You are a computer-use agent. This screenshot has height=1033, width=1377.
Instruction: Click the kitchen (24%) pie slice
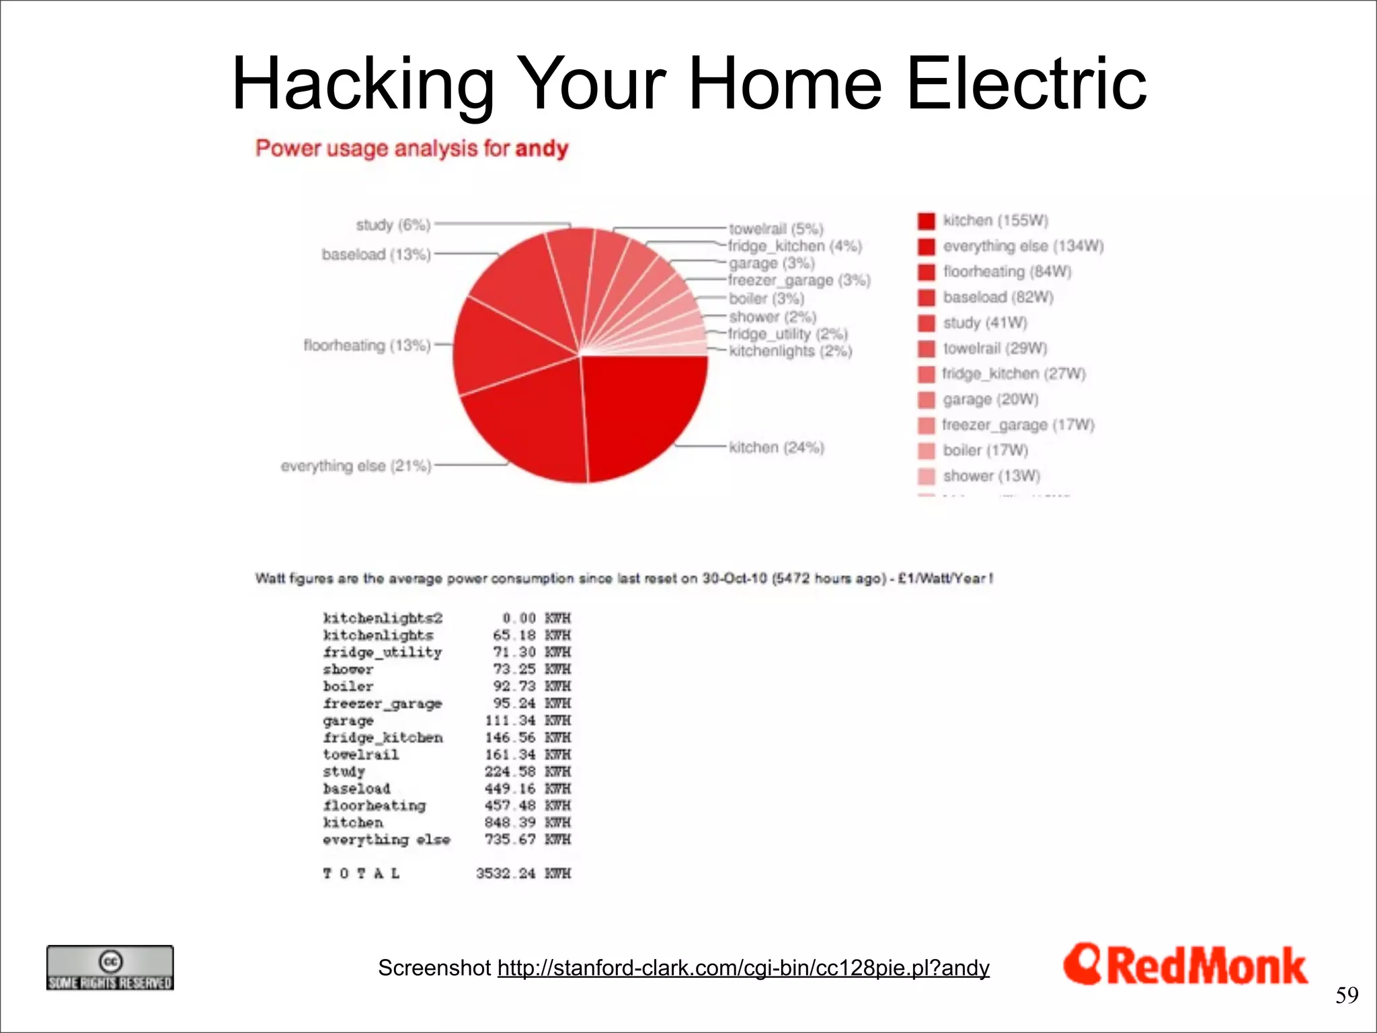pos(639,410)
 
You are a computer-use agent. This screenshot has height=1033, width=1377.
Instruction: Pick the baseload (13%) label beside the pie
pos(376,255)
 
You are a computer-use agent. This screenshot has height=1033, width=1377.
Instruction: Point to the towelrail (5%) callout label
pos(776,229)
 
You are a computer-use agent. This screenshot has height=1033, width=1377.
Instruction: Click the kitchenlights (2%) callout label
pos(790,351)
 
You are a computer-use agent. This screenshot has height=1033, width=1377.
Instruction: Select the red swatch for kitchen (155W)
pos(927,221)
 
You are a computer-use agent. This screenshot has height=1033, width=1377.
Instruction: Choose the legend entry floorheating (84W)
pos(1007,272)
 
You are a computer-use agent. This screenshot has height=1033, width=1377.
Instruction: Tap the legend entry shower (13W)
pos(991,476)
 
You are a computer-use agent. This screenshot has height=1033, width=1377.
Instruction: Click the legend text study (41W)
pos(985,323)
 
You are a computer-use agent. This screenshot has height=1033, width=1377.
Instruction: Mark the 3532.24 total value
pos(506,873)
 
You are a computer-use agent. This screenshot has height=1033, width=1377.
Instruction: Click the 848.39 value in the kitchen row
pos(510,822)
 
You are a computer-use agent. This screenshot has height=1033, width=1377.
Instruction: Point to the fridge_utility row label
pos(383,652)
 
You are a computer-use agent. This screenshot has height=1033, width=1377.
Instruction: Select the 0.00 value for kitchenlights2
pos(518,618)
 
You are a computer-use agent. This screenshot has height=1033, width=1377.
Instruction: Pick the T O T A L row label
pos(362,873)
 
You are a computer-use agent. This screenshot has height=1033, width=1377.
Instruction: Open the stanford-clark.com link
pos(743,968)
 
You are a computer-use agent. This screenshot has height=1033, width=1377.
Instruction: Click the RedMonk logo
pos(1185,966)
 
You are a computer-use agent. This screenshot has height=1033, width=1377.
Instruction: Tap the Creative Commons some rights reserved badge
pos(110,968)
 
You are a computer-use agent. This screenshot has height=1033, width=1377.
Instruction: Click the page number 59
pos(1347,995)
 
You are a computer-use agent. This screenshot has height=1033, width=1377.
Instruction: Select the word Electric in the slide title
pos(1026,84)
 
